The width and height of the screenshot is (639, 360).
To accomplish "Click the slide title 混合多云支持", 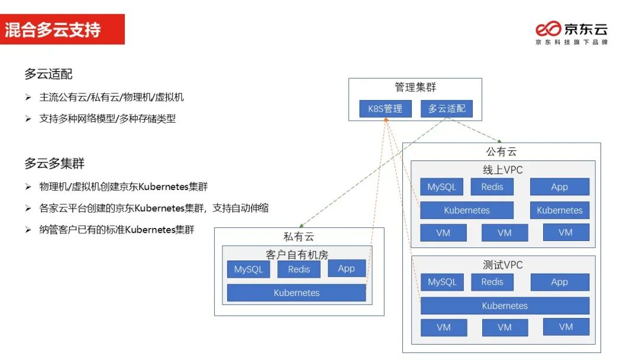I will pos(53,30).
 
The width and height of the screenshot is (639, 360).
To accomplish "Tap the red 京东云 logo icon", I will pos(548,28).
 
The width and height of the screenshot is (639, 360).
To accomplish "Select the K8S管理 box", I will pos(385,109).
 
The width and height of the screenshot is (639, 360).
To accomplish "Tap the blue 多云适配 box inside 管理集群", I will pos(447,109).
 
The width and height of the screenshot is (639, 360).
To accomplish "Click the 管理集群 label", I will pos(415,88).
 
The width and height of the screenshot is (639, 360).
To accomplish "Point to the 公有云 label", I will pos(502,152).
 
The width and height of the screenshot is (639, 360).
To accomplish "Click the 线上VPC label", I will pos(503,170).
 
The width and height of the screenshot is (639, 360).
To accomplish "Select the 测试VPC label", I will pos(503,265).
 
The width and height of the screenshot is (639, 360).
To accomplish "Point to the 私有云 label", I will pos(299,237).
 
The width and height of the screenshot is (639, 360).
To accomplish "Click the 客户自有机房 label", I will pos(297,255).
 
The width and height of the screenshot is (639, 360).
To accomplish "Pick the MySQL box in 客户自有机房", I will pos(248,269).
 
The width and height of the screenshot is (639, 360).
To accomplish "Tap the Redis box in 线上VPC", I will pos(492,187).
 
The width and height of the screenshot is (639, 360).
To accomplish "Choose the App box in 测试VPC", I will pos(560,282).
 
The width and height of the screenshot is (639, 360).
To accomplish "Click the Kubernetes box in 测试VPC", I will pos(505,306).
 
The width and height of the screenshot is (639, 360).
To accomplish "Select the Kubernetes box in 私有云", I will pos(296,293).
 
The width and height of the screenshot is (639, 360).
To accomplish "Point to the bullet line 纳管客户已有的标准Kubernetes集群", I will pos(117,230).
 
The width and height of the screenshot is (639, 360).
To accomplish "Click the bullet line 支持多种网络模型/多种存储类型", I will pos(107,118).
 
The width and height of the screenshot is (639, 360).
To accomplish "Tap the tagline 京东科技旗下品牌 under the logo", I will pos(571,43).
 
